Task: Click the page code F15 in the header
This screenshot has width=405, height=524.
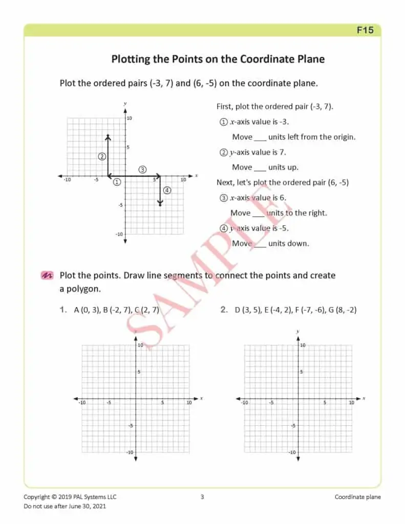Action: tap(365, 30)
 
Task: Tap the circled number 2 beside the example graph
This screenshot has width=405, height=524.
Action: tap(102, 156)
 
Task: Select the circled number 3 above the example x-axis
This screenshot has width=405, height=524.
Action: tap(142, 169)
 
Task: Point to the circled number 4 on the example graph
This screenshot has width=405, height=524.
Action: tap(167, 190)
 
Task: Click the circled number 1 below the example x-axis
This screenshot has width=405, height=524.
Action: tap(117, 182)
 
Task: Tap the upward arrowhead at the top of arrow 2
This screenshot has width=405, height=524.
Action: tap(108, 137)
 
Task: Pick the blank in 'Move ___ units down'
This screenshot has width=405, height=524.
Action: tap(260, 244)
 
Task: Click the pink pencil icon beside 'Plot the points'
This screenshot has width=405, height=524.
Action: tap(47, 276)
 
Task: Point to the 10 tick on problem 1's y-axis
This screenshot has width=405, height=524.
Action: tap(139, 345)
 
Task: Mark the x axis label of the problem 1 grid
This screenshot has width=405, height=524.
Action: tap(201, 398)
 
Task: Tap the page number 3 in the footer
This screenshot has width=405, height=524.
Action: tap(202, 497)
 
